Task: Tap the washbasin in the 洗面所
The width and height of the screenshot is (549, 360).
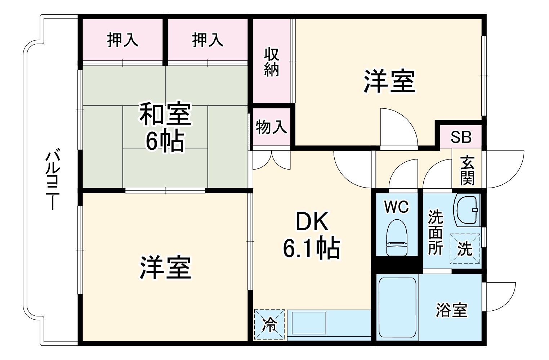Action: tap(467, 210)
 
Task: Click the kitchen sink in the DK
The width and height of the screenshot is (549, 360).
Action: tap(309, 323)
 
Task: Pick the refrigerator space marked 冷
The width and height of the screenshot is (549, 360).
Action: tap(269, 324)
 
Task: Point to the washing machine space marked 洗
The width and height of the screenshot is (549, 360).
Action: tap(465, 248)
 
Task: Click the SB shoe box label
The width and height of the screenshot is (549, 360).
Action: tap(461, 137)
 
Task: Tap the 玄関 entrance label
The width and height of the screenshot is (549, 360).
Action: tap(467, 170)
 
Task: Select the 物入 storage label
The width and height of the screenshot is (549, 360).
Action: tap(271, 127)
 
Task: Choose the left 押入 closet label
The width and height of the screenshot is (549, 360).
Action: tap(122, 40)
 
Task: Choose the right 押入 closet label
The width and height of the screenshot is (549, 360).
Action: tap(207, 40)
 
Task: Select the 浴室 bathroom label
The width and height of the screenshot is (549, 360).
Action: tap(451, 310)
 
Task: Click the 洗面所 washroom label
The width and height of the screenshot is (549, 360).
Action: tap(435, 232)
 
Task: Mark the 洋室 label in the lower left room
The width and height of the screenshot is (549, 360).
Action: tap(165, 267)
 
